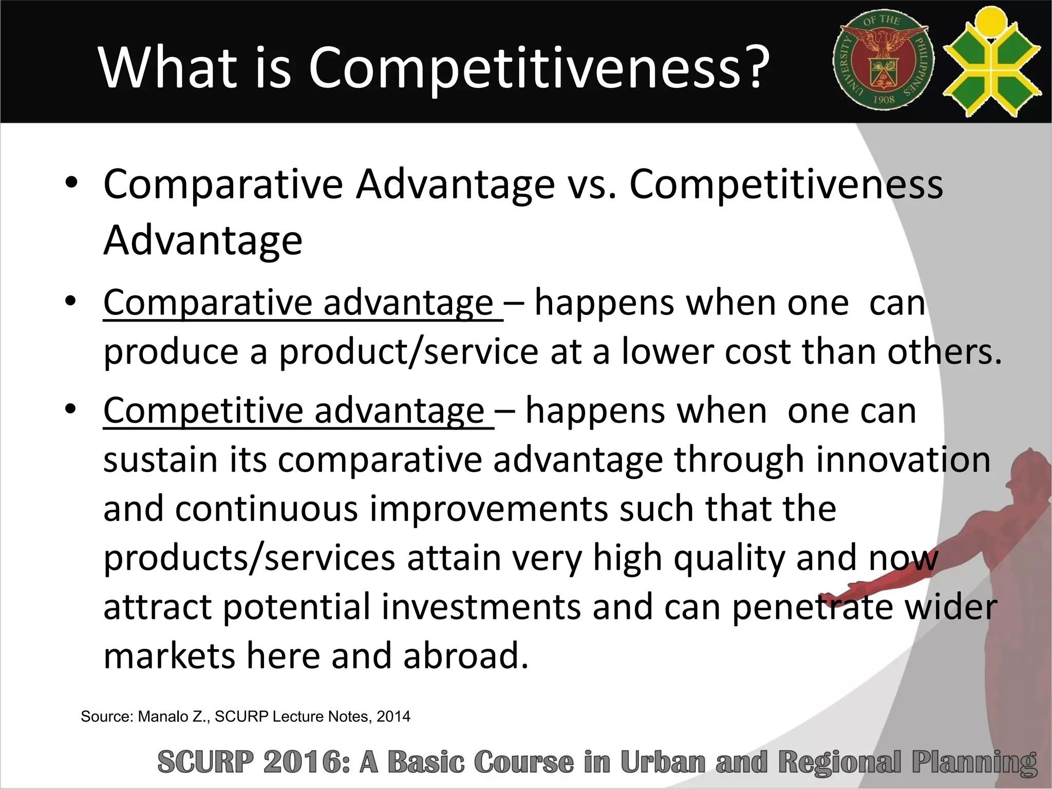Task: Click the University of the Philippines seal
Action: click(884, 61)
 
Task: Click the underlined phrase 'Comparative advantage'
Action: click(298, 303)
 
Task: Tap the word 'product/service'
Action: click(409, 352)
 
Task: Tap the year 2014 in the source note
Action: click(393, 717)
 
